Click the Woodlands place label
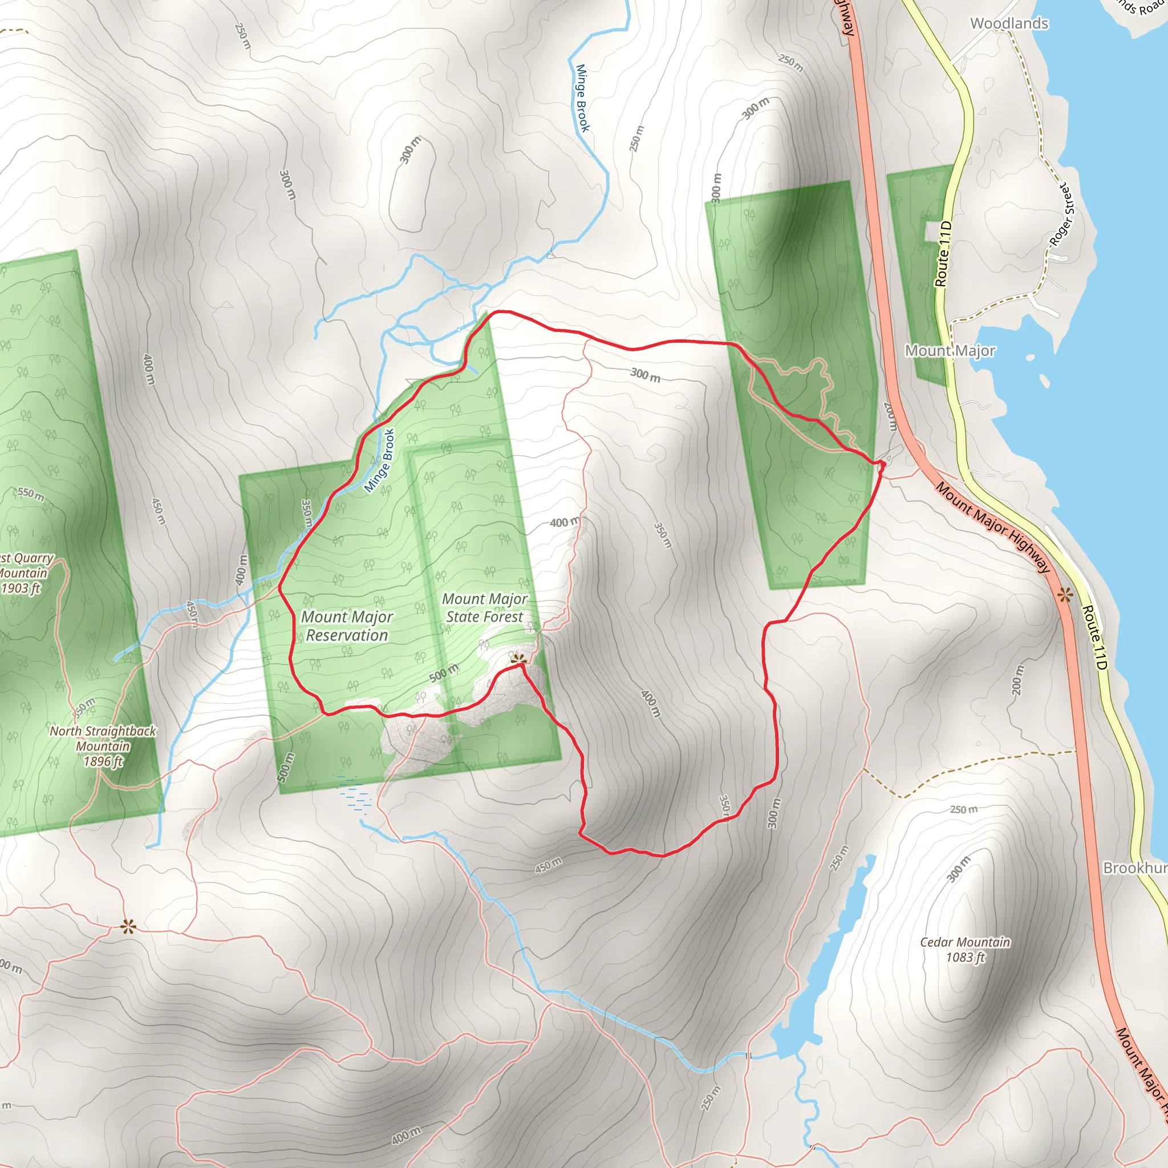pyautogui.click(x=1008, y=23)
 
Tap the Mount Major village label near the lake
pyautogui.click(x=949, y=351)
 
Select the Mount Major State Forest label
pyautogui.click(x=484, y=607)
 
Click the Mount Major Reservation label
pyautogui.click(x=347, y=626)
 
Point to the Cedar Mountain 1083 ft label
pyautogui.click(x=964, y=949)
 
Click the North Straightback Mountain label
pyautogui.click(x=103, y=745)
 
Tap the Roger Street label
pyautogui.click(x=1062, y=215)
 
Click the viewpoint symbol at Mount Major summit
pyautogui.click(x=517, y=658)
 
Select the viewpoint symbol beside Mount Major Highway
pyautogui.click(x=1065, y=595)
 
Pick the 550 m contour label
pyautogui.click(x=31, y=494)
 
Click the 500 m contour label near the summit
pyautogui.click(x=444, y=672)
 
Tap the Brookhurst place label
pyautogui.click(x=1134, y=867)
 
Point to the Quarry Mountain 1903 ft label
pyautogui.click(x=24, y=573)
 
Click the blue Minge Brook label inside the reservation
pyautogui.click(x=380, y=461)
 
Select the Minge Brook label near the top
pyautogui.click(x=582, y=98)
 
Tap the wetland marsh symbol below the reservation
pyautogui.click(x=354, y=794)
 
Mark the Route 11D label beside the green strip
pyautogui.click(x=943, y=254)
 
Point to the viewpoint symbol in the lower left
pyautogui.click(x=128, y=927)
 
